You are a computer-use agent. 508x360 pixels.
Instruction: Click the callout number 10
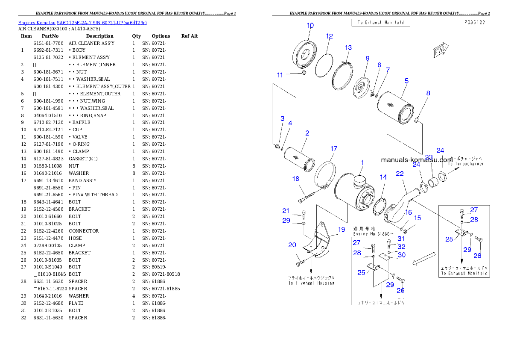point(310,26)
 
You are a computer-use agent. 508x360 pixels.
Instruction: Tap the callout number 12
point(330,36)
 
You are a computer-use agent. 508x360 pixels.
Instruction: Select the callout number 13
point(348,47)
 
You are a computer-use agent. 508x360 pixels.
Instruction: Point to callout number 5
point(406,80)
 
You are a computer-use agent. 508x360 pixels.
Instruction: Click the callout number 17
point(334,148)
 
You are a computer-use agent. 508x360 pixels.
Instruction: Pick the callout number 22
point(400,174)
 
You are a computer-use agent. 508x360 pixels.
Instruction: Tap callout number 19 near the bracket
point(341,230)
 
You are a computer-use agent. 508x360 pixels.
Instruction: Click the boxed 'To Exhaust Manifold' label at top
point(381,22)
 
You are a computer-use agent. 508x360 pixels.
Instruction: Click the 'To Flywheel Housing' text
point(311,283)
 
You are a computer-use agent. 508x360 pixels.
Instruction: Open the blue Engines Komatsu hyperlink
point(82,22)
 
